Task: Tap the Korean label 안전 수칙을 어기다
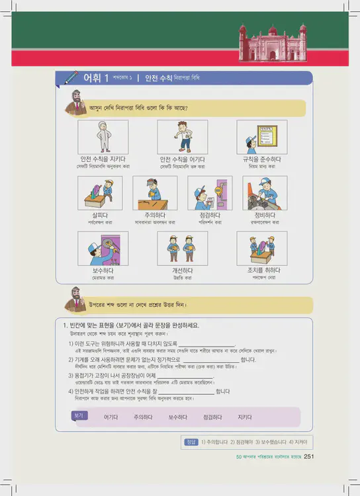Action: pos(182,159)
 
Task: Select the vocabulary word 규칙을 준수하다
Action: pos(261,159)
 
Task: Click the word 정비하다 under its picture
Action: pos(265,215)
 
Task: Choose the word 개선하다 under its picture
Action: pos(182,270)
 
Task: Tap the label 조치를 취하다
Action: pos(263,270)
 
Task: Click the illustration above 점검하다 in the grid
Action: pos(210,193)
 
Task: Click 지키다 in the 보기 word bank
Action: pos(244,417)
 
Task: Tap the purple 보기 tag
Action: pos(79,415)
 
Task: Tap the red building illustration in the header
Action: pos(273,40)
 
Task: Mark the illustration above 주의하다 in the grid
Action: pos(155,193)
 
